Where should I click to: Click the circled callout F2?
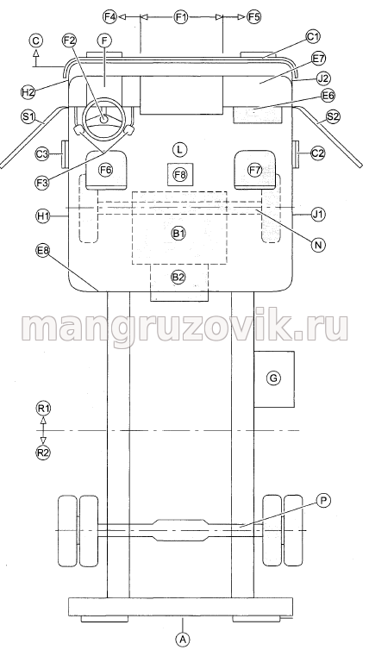[70, 41]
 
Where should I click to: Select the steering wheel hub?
[103, 119]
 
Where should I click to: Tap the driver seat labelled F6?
[106, 170]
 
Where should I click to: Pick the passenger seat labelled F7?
[255, 170]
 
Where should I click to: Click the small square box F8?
[180, 174]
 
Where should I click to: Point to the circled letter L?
[180, 149]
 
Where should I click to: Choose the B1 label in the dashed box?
[178, 234]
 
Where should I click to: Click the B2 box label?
[178, 277]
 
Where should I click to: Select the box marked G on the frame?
[274, 379]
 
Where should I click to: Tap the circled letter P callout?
[323, 500]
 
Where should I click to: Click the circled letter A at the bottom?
[182, 639]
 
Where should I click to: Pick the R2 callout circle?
[43, 453]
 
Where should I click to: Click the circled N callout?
[318, 244]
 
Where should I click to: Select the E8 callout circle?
[43, 251]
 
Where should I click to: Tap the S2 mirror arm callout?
[333, 117]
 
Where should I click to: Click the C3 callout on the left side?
[42, 154]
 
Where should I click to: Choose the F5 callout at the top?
[254, 16]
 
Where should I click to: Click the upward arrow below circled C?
[36, 56]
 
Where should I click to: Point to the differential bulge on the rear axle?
[181, 530]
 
